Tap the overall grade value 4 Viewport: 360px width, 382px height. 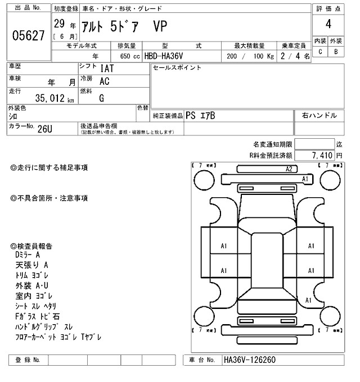[x=328, y=24]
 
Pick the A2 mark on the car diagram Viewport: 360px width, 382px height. [x=290, y=169]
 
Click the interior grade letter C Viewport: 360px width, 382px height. [x=320, y=52]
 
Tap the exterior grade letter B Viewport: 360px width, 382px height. [x=336, y=52]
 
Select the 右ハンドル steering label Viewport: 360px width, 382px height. [x=319, y=116]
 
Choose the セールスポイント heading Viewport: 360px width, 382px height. [x=177, y=67]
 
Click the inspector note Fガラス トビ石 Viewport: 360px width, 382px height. [x=38, y=316]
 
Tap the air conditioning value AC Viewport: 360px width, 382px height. [x=105, y=81]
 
